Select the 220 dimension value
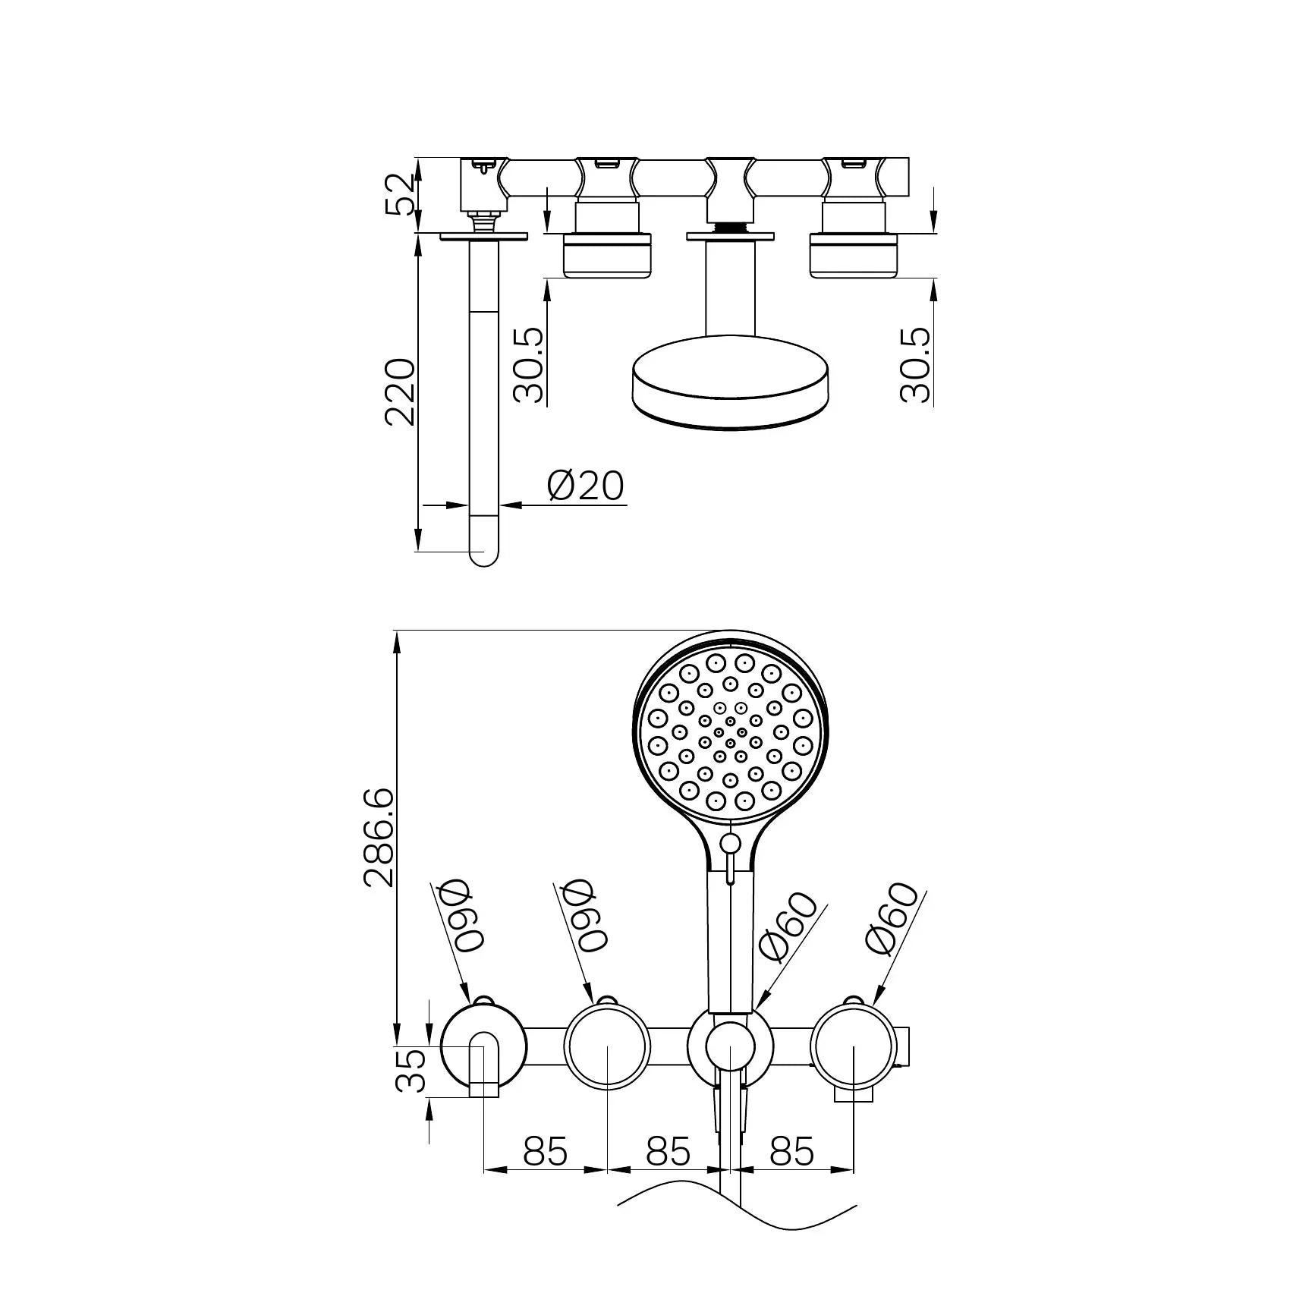point(400,392)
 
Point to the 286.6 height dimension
point(379,837)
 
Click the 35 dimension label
point(411,1070)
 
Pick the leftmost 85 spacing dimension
point(545,1151)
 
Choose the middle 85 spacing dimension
point(668,1151)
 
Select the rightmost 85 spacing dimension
point(791,1151)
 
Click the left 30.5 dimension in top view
point(529,365)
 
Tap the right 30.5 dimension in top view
point(917,365)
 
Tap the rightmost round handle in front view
point(854,1046)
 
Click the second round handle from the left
point(607,1046)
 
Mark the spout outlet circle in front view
point(483,1046)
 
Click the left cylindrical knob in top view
point(607,255)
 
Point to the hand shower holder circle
point(730,1046)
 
